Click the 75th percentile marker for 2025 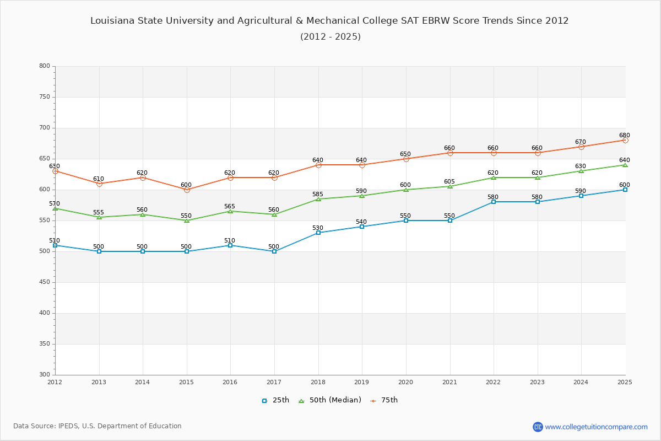(x=625, y=140)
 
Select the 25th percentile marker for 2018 (x=318, y=233)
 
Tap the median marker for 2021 (x=450, y=186)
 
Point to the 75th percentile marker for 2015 (x=187, y=190)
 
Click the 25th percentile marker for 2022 (x=494, y=202)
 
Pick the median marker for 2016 (x=230, y=211)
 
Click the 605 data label (x=449, y=182)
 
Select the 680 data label (x=624, y=136)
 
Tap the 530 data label (x=318, y=228)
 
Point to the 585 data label (x=318, y=195)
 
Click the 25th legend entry (x=275, y=400)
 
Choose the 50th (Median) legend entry (x=330, y=400)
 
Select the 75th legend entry (x=384, y=400)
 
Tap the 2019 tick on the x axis (x=362, y=382)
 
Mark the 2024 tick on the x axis (x=581, y=382)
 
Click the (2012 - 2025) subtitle (x=330, y=37)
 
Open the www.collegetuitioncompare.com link (x=596, y=427)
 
